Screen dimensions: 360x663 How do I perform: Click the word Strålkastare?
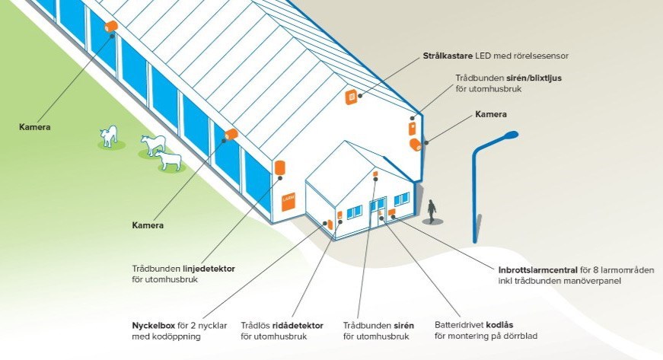click(448, 56)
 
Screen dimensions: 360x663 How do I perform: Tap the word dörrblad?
click(524, 336)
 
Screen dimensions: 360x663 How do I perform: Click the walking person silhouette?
click(432, 211)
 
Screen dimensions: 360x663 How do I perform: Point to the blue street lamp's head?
click(502, 138)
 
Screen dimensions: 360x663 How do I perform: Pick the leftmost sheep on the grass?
click(109, 136)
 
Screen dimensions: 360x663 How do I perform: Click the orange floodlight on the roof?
click(352, 96)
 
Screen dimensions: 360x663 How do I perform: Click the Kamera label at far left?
click(35, 127)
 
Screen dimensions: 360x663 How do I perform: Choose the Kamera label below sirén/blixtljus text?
click(490, 114)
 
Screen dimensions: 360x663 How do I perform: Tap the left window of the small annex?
click(354, 212)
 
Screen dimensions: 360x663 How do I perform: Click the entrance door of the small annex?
click(378, 210)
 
